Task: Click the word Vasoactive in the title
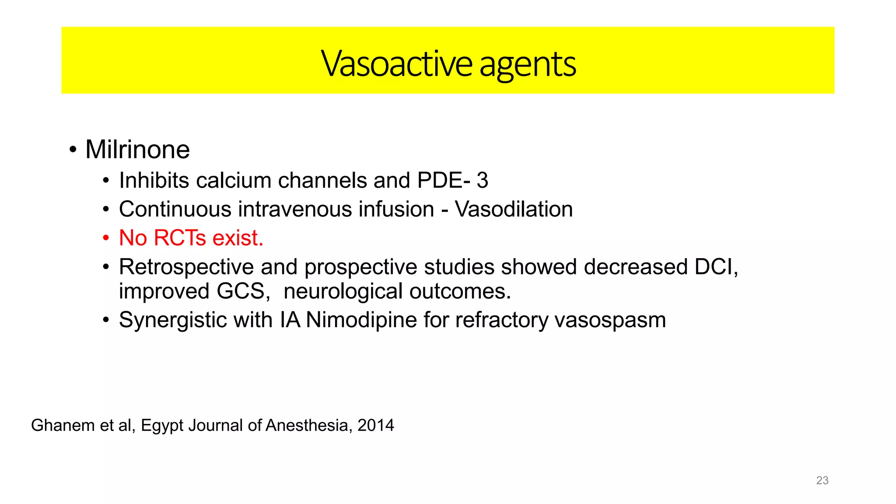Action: pos(396,64)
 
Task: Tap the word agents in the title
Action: pos(528,65)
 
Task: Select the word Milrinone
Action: pos(137,150)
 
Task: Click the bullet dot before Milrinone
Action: pos(73,150)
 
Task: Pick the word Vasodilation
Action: pos(514,209)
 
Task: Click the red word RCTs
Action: pos(180,238)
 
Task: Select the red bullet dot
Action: pos(105,238)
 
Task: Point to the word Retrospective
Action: pos(186,267)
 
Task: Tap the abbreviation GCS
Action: pos(241,291)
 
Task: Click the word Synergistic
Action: pos(173,320)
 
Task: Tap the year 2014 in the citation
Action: pos(375,425)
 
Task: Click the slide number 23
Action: pos(822,480)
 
